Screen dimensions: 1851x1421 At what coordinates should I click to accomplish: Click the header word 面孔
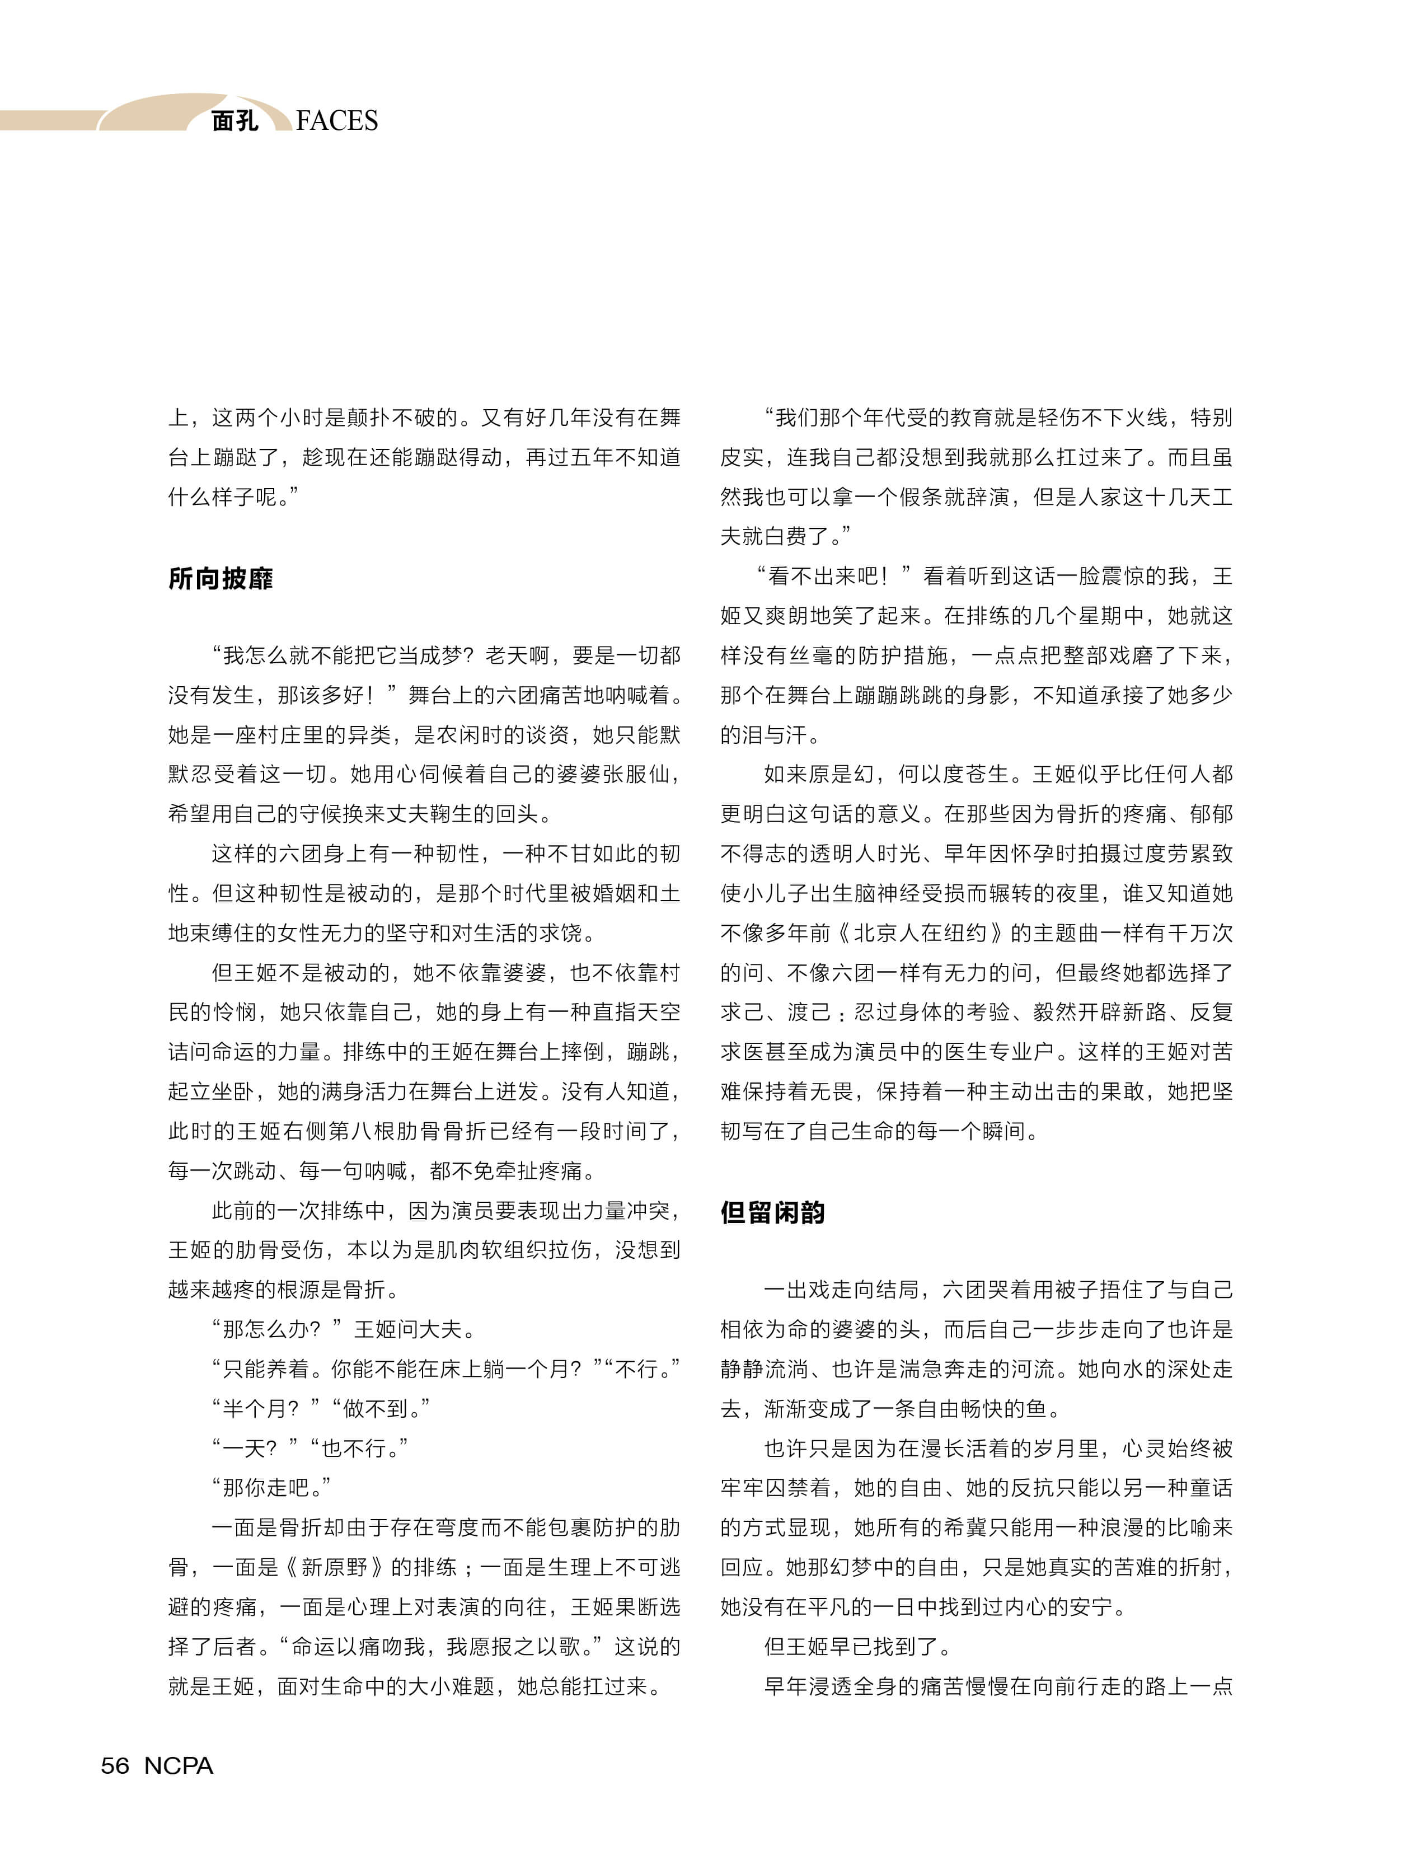click(235, 121)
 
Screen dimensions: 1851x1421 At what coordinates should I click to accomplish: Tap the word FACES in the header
click(337, 121)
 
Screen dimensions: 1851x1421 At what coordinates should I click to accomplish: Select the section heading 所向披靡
click(221, 579)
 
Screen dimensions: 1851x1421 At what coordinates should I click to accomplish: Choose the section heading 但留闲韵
click(772, 1212)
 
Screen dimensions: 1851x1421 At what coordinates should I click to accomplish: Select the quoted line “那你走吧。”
click(271, 1488)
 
